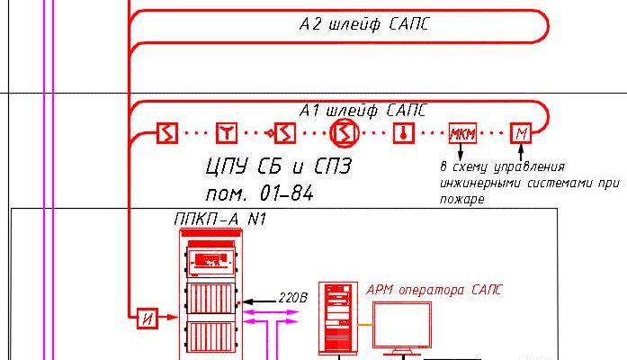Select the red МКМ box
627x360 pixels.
click(x=462, y=134)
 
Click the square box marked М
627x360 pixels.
click(x=522, y=134)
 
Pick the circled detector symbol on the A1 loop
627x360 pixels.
click(x=343, y=134)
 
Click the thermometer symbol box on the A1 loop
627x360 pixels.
click(x=402, y=134)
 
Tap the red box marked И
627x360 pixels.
click(x=146, y=317)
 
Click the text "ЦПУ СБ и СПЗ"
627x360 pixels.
click(x=278, y=166)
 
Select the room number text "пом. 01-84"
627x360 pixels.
click(x=258, y=193)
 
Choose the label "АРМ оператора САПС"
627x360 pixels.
click(x=434, y=290)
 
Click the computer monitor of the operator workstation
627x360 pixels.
click(x=401, y=326)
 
